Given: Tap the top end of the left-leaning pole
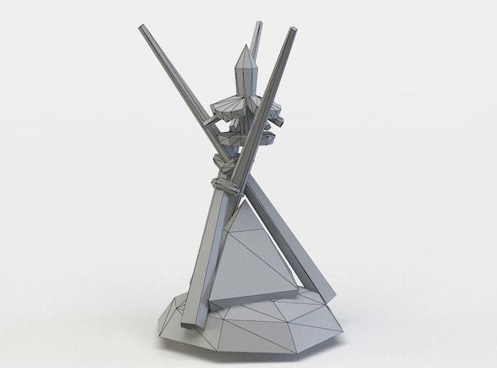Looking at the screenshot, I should pyautogui.click(x=141, y=28).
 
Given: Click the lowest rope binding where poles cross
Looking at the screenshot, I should pyautogui.click(x=225, y=183).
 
